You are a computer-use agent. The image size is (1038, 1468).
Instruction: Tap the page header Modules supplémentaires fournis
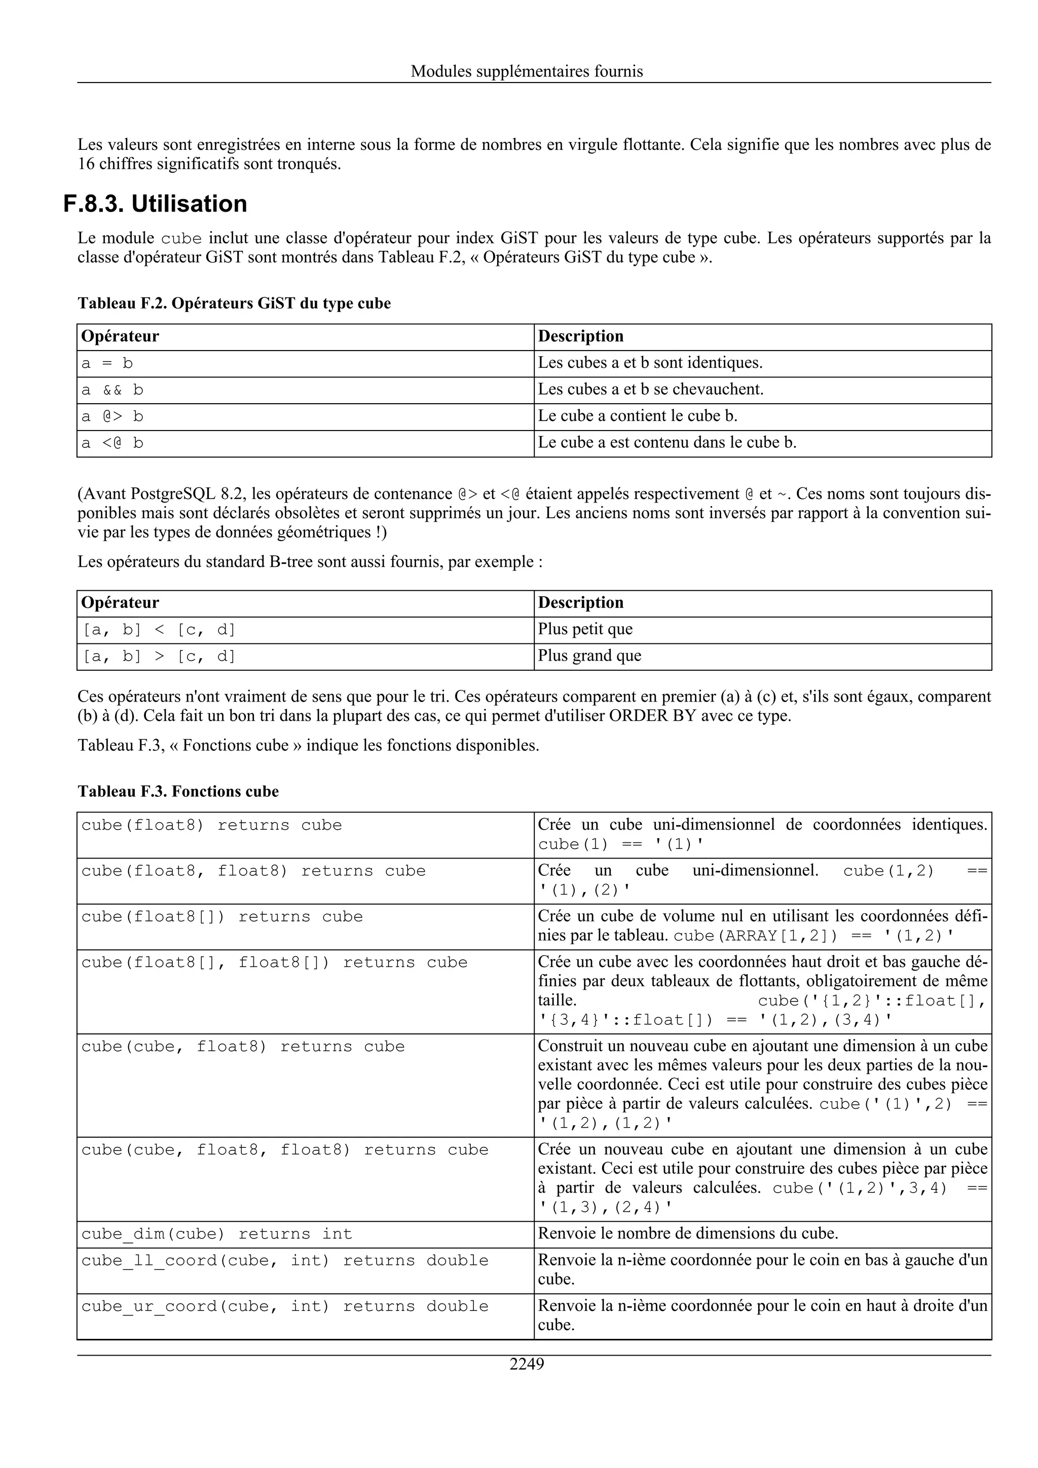(527, 71)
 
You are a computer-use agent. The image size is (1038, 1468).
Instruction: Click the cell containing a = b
(305, 363)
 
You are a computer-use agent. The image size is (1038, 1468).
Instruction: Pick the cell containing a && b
(305, 390)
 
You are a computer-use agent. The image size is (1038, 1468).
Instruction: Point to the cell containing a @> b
(305, 417)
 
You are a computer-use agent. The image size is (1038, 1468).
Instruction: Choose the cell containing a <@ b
(305, 443)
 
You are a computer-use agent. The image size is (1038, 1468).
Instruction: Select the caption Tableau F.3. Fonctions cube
(178, 792)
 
